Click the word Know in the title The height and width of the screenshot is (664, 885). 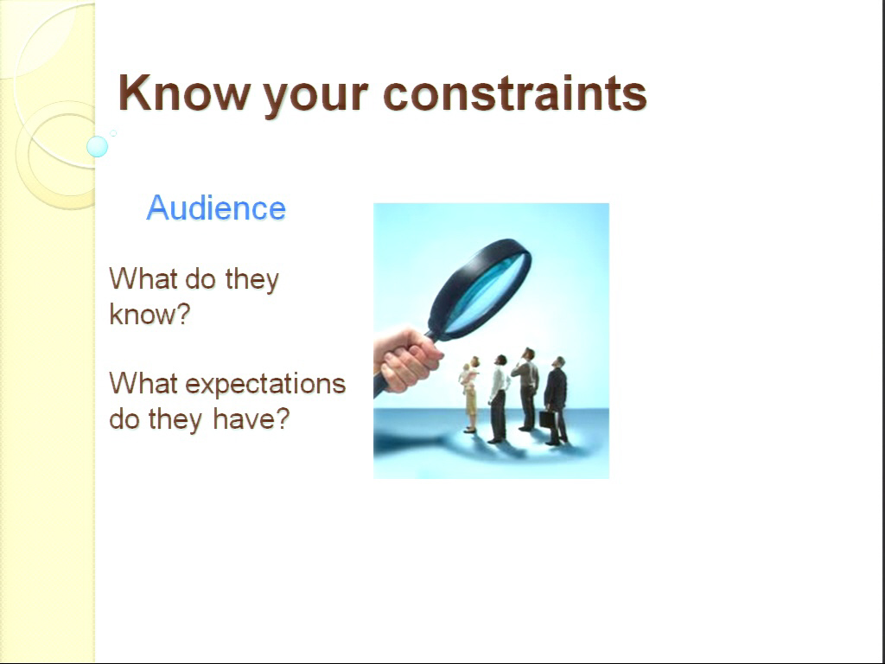184,93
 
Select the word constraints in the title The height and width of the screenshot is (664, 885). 515,93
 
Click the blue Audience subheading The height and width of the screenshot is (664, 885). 216,207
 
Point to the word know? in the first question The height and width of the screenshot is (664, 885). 150,314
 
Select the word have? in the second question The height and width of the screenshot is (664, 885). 251,418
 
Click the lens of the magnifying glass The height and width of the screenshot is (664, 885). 487,292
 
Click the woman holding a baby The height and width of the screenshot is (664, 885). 470,394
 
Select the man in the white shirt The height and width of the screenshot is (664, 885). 498,399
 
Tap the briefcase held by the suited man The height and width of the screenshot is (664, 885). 546,419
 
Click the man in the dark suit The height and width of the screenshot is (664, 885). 556,401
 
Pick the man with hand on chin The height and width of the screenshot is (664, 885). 526,389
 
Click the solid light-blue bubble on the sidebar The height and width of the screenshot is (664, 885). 97,146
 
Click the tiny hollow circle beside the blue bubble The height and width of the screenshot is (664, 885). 113,133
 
